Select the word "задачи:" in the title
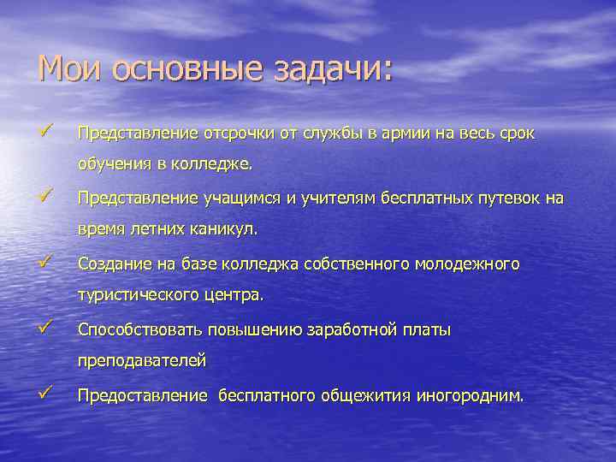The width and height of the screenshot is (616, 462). coord(329,69)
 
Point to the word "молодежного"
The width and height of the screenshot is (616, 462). coord(467,265)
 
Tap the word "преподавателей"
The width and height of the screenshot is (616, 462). coord(141,361)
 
